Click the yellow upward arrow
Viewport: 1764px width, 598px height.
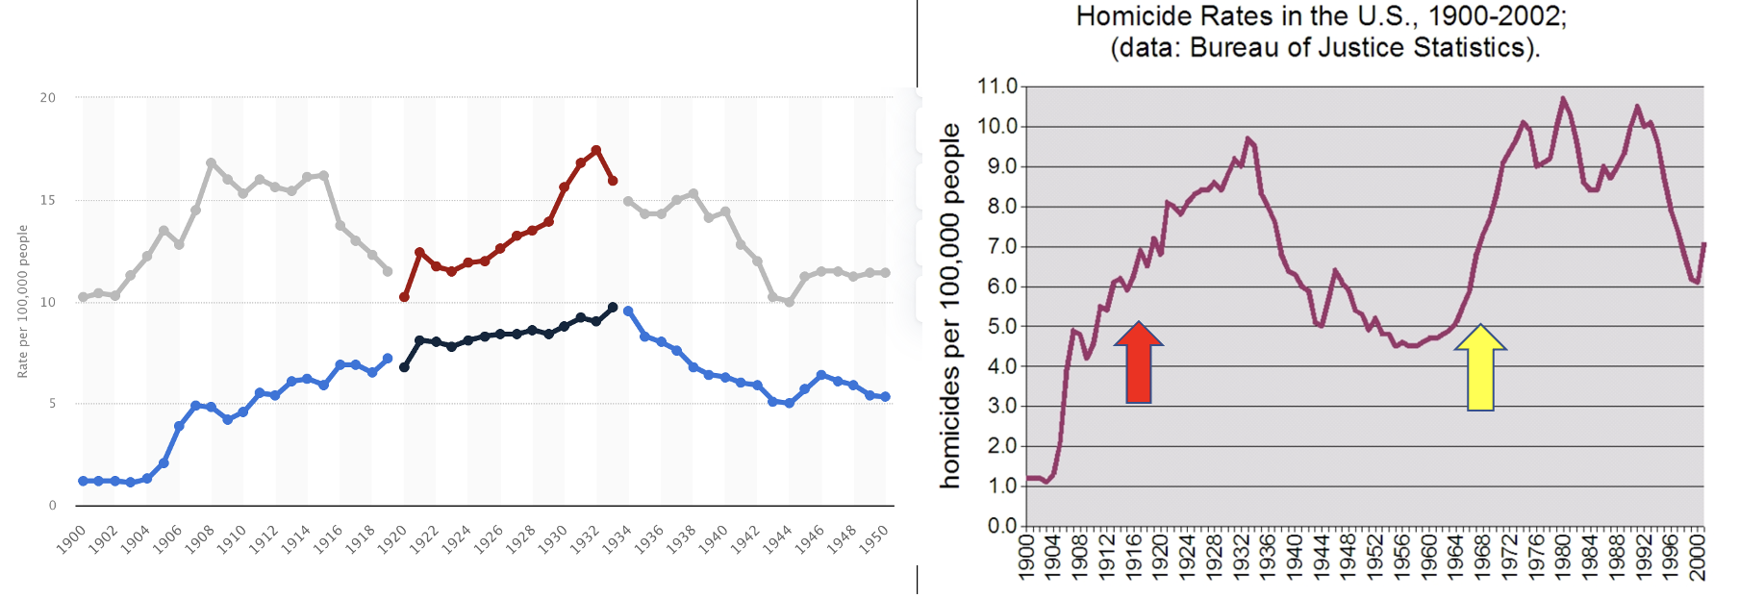click(1480, 367)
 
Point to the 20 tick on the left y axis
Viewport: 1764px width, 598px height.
click(47, 97)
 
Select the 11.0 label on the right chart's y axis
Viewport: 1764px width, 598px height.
click(996, 87)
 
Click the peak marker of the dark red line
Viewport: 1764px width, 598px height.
click(596, 150)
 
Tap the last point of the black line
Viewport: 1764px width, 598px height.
click(613, 308)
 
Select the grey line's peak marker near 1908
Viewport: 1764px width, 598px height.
click(212, 163)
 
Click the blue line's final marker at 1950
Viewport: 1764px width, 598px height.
click(886, 397)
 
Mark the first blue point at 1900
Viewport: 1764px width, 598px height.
click(83, 481)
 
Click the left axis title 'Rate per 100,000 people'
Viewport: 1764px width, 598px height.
click(22, 301)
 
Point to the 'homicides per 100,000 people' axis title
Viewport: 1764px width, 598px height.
click(950, 306)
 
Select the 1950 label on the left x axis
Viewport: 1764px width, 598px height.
click(873, 539)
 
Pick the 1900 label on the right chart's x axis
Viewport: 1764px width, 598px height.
click(1026, 558)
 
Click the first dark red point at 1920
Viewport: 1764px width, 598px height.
click(404, 297)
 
